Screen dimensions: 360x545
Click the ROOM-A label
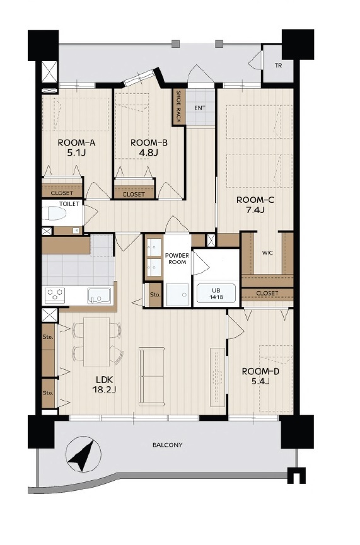pyautogui.click(x=76, y=142)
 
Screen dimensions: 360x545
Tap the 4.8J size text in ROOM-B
pyautogui.click(x=149, y=152)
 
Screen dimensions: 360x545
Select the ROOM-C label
pyautogui.click(x=255, y=200)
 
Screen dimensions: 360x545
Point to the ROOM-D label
pyautogui.click(x=260, y=372)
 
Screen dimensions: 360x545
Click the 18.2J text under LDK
pyautogui.click(x=104, y=389)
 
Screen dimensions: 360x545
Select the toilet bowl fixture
pyautogui.click(x=54, y=213)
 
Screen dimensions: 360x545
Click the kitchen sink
pyautogui.click(x=99, y=295)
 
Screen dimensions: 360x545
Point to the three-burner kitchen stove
pyautogui.click(x=55, y=295)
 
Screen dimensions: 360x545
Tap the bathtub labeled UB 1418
pyautogui.click(x=216, y=293)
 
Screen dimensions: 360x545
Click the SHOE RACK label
pyautogui.click(x=178, y=106)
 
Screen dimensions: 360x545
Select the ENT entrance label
pyautogui.click(x=200, y=108)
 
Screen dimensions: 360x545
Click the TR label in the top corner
pyautogui.click(x=278, y=66)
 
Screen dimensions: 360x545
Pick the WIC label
pyautogui.click(x=267, y=253)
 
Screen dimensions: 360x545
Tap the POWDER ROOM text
pyautogui.click(x=177, y=258)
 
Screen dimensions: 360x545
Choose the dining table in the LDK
pyautogui.click(x=96, y=341)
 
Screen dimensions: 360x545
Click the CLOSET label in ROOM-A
pyautogui.click(x=62, y=193)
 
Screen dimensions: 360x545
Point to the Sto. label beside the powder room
pyautogui.click(x=155, y=295)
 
